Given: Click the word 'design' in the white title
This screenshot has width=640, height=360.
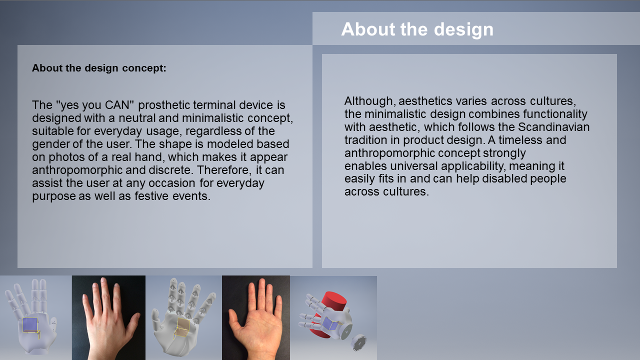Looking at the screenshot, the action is (463, 29).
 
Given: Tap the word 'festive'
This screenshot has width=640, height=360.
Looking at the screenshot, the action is (151, 196).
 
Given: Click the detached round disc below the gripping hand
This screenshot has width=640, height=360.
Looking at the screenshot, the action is (358, 342).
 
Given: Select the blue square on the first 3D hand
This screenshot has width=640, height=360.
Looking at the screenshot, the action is (29, 324).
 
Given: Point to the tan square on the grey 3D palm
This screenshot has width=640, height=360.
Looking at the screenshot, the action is (183, 327).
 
